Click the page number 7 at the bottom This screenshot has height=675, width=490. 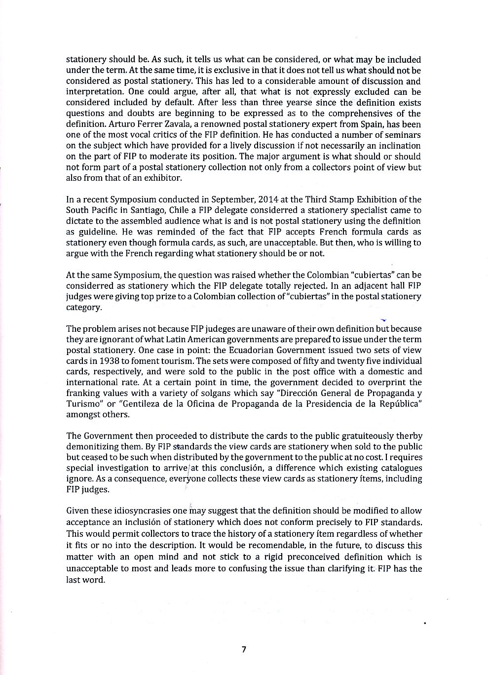pos(244,649)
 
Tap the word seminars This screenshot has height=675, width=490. pos(403,135)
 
